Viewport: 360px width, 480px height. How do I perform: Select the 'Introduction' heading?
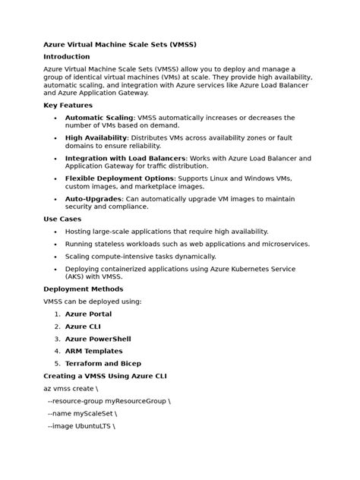coord(67,56)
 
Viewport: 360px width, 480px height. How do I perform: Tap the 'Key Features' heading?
coord(68,106)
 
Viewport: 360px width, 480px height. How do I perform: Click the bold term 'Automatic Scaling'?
coord(99,118)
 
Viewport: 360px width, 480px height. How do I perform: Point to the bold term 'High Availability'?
coord(96,137)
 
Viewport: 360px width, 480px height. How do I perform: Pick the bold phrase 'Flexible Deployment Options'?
coord(119,178)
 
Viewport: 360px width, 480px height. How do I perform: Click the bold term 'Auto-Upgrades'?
coord(93,198)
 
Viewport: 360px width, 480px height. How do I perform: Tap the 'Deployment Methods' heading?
coord(83,289)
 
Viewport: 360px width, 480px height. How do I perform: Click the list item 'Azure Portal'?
coord(88,314)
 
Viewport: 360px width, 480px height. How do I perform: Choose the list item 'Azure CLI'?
coord(83,327)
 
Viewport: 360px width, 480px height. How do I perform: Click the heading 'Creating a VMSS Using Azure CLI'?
coord(106,376)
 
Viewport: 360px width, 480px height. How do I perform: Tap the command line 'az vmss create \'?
coord(71,388)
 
